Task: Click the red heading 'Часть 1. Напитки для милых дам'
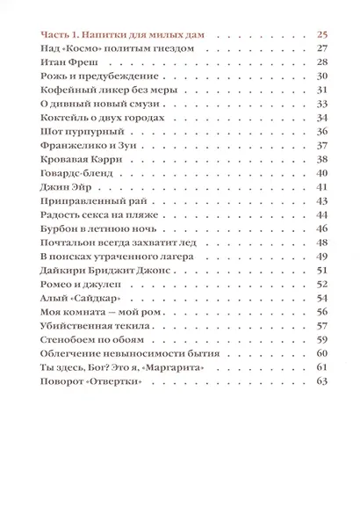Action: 122,34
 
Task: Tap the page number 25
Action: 320,34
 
